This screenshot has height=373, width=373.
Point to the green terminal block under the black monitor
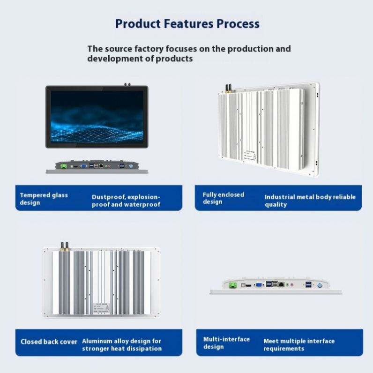[62, 165]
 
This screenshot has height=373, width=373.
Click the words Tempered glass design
[44, 199]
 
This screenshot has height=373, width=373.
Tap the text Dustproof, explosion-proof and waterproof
[126, 201]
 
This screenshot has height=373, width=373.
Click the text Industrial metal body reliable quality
[310, 201]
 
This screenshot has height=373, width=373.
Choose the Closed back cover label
[49, 342]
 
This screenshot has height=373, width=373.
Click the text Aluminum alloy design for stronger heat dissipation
[122, 345]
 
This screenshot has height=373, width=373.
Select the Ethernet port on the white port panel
[281, 284]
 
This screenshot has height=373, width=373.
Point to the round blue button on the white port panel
[320, 284]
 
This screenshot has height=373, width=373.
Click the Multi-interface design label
[226, 343]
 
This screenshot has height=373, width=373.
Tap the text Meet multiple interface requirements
[299, 345]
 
